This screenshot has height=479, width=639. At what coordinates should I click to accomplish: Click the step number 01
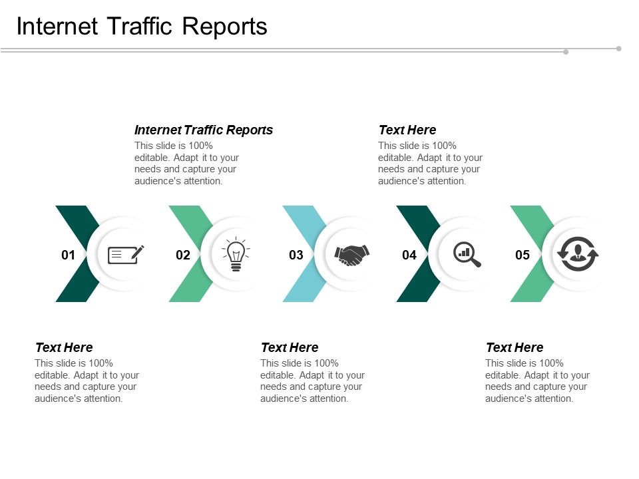click(x=68, y=255)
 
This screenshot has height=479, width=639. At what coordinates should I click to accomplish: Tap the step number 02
click(x=182, y=255)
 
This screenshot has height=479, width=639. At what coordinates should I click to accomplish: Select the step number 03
click(x=296, y=255)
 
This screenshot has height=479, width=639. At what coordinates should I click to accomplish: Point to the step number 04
click(x=409, y=255)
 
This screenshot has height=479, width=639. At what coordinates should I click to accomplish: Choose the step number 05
click(x=523, y=255)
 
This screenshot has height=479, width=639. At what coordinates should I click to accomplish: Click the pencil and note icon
click(x=126, y=254)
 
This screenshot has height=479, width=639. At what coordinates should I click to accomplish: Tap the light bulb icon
click(x=236, y=255)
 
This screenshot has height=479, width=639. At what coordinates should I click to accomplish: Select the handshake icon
click(x=351, y=255)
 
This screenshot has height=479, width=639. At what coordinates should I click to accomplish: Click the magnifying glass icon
click(x=467, y=254)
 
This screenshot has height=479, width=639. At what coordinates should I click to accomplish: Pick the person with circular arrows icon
click(x=578, y=254)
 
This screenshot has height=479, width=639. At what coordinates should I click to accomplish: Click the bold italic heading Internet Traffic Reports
click(x=204, y=130)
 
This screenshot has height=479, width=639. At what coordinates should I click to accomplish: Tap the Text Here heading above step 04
click(x=407, y=130)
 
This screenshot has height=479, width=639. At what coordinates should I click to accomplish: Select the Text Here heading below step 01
click(x=64, y=347)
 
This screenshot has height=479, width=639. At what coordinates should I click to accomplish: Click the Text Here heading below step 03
click(x=290, y=347)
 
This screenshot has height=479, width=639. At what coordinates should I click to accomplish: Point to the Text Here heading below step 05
click(x=515, y=347)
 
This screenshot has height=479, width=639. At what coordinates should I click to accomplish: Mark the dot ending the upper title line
click(x=619, y=48)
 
